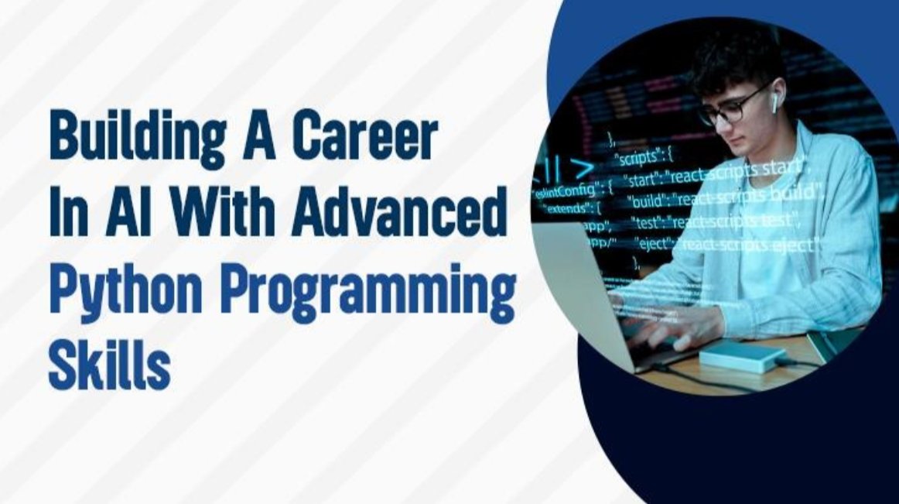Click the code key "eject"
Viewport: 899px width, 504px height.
pos(652,244)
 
